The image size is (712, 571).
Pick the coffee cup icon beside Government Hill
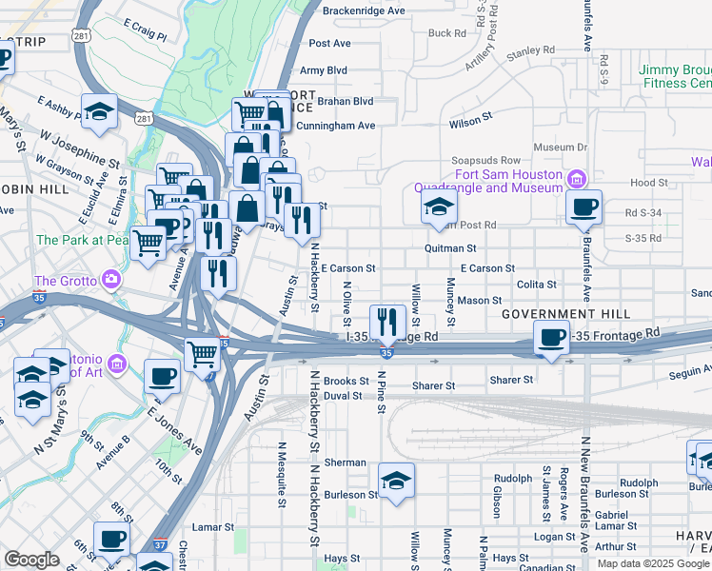pos(550,336)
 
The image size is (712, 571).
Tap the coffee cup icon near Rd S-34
pos(583,206)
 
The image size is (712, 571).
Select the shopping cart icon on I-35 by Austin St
pos(202,354)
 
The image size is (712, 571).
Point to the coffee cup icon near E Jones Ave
pos(163,375)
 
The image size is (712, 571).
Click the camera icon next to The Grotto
pos(112,280)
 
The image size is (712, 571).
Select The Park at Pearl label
pos(82,241)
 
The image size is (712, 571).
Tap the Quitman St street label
pos(450,247)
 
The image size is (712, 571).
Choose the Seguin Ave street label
pos(687,373)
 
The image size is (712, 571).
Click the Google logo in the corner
pos(31,559)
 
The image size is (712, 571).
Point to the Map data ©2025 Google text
pos(652,563)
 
